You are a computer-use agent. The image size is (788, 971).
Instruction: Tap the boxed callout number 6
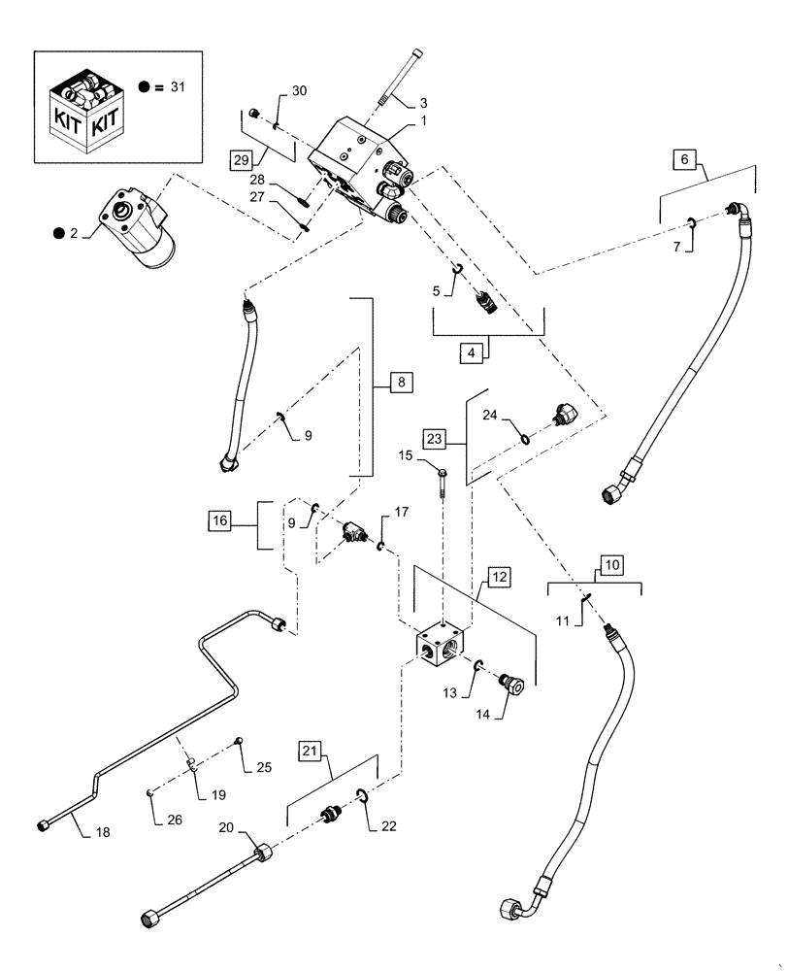pyautogui.click(x=685, y=158)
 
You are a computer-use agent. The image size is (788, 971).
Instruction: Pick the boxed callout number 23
pyautogui.click(x=435, y=438)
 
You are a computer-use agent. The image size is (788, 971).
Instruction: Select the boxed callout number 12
pyautogui.click(x=498, y=578)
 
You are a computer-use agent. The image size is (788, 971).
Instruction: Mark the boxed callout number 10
pyautogui.click(x=612, y=563)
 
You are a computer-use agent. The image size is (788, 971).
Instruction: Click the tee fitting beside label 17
pyautogui.click(x=352, y=532)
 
